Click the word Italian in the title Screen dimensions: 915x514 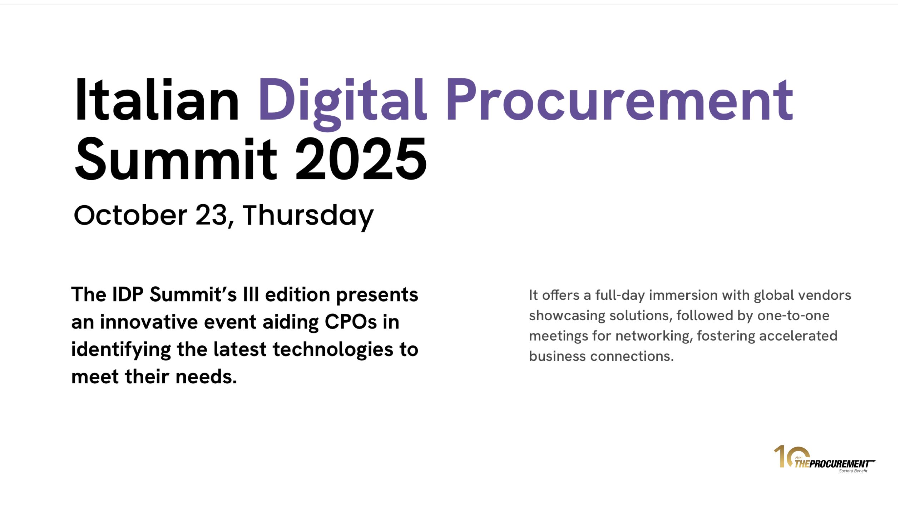click(x=157, y=100)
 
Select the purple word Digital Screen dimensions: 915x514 click(x=342, y=104)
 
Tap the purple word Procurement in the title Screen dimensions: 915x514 click(x=619, y=100)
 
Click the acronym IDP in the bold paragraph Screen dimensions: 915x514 click(x=128, y=294)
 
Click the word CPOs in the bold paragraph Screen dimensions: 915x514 click(x=351, y=322)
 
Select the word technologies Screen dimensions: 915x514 click(x=333, y=350)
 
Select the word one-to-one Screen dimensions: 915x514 click(x=793, y=316)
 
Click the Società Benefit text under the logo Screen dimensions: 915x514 click(x=853, y=471)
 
